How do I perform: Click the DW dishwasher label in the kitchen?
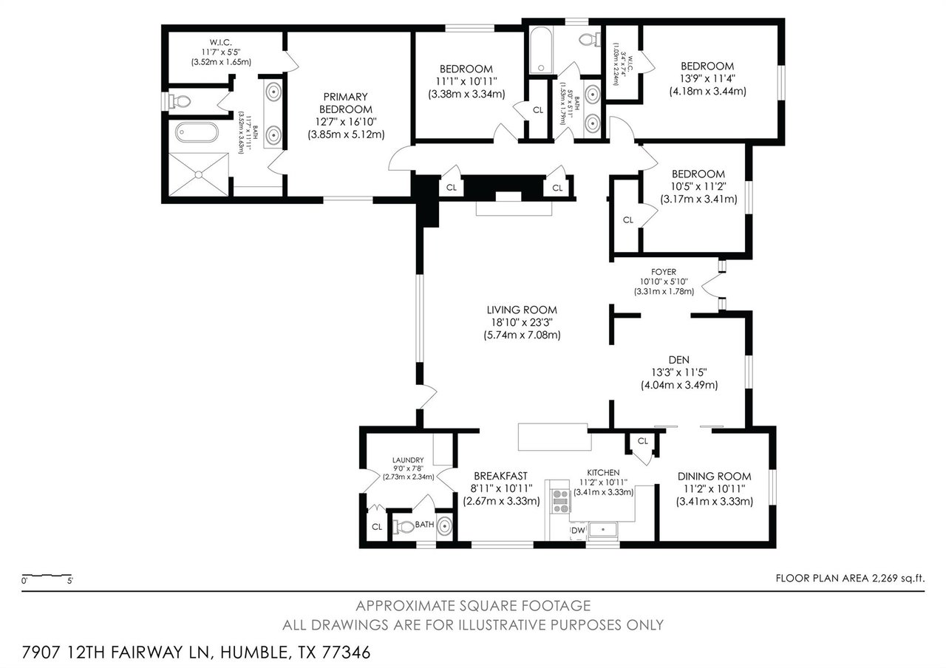click(x=577, y=530)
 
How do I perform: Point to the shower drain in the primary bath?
click(x=198, y=174)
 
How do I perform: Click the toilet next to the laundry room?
click(x=404, y=527)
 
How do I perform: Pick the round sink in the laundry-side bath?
click(x=443, y=527)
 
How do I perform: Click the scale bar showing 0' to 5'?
click(x=47, y=575)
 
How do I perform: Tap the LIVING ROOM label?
click(x=521, y=310)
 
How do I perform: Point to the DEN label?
click(x=678, y=359)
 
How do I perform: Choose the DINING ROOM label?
click(x=714, y=476)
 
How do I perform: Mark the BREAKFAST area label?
click(x=501, y=476)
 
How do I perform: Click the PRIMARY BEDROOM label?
click(x=345, y=103)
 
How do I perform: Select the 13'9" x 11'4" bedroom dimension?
click(x=707, y=78)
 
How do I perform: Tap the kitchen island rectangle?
click(x=552, y=437)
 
